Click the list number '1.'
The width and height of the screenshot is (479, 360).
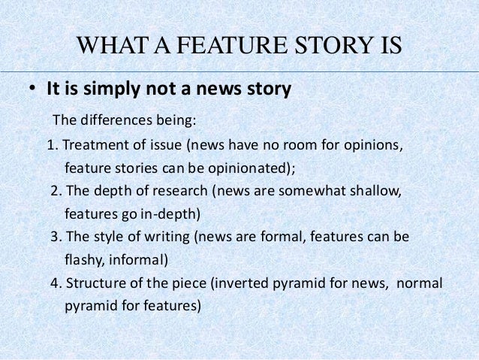(x=53, y=144)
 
